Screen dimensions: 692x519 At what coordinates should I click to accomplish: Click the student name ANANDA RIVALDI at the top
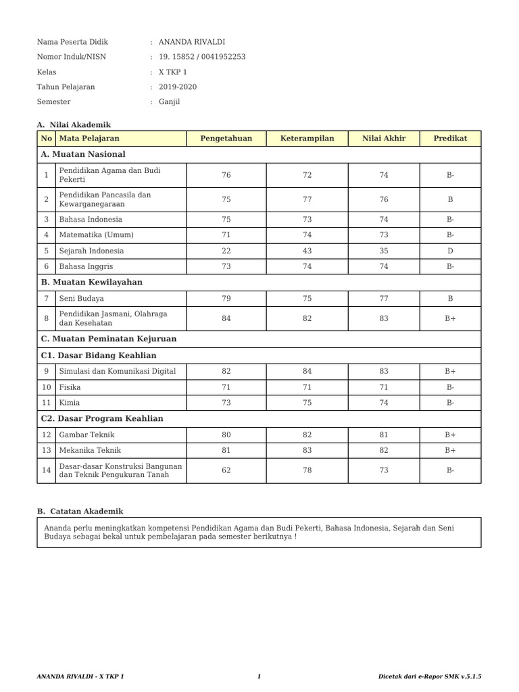[187, 42]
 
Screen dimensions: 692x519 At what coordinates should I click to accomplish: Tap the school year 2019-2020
[178, 86]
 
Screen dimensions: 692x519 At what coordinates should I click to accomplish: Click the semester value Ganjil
[170, 102]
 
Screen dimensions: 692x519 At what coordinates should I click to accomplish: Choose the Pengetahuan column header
[226, 139]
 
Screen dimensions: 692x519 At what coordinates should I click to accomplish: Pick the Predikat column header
[450, 139]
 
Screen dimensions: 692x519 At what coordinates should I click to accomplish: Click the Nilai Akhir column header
[384, 139]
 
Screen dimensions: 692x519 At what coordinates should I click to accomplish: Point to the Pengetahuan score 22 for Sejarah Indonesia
[226, 251]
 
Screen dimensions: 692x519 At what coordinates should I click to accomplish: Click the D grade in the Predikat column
[450, 251]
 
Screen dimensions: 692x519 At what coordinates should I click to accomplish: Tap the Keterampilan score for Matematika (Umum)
[307, 235]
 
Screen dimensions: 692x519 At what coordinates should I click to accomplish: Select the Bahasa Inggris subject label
[86, 266]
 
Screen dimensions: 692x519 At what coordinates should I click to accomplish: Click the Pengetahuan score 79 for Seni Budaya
[226, 298]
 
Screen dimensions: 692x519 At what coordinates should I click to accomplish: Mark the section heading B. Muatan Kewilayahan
[92, 282]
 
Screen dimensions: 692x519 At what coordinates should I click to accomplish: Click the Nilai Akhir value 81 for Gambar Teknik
[384, 435]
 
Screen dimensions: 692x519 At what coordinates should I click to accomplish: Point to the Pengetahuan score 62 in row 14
[226, 470]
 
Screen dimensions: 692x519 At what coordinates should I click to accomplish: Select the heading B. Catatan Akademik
[80, 512]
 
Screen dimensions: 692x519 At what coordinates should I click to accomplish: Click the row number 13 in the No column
[46, 450]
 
